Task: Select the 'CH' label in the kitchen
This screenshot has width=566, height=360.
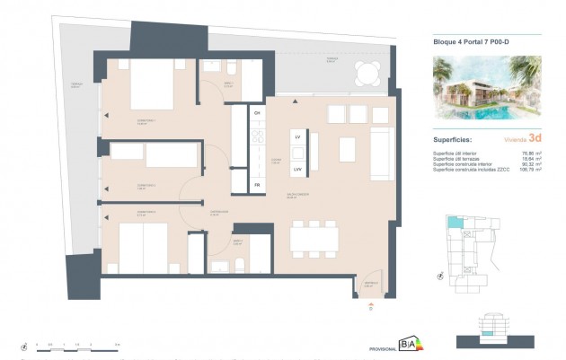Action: [x=256, y=113]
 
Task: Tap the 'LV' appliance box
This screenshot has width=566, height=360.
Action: [x=296, y=136]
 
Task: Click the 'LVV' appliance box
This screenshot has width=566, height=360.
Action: [x=296, y=168]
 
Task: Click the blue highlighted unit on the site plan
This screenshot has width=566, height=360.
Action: [x=456, y=224]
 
